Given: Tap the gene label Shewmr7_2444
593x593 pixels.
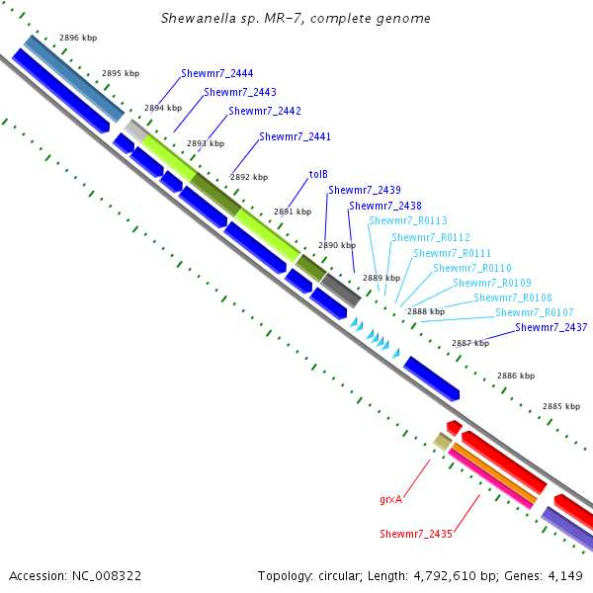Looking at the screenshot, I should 216,74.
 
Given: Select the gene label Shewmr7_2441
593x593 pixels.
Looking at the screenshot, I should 295,136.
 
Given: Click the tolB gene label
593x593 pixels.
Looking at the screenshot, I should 318,174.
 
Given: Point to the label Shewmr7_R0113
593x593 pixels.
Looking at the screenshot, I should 407,221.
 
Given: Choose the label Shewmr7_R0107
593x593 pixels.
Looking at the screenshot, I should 534,312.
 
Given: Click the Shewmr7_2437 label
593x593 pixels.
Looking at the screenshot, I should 551,327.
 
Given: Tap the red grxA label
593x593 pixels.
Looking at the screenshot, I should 391,500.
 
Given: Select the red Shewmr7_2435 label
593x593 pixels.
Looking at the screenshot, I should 415,534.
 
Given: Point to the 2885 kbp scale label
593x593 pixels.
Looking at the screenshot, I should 560,407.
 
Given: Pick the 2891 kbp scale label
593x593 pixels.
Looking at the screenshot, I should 292,212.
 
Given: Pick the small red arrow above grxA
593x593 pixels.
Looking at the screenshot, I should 454,427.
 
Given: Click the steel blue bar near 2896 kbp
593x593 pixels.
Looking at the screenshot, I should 74,78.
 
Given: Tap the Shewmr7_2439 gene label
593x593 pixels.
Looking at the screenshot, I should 364,190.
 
